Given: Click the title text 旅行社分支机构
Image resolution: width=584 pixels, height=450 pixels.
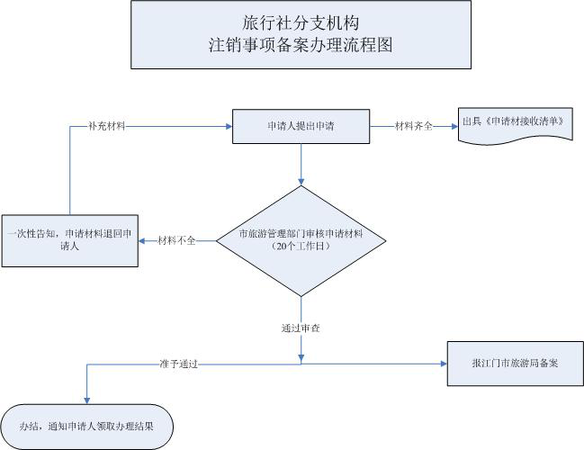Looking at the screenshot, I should pyautogui.click(x=301, y=20).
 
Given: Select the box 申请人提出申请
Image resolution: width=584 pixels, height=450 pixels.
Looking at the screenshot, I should pyautogui.click(x=301, y=126).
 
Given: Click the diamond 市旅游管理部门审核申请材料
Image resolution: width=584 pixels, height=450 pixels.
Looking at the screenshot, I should pyautogui.click(x=301, y=240).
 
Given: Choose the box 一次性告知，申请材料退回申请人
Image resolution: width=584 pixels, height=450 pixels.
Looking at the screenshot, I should pyautogui.click(x=68, y=240).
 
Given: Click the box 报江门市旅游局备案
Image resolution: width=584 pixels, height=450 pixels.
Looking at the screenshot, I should pyautogui.click(x=515, y=364).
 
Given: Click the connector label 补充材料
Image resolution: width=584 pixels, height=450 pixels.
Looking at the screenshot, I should pyautogui.click(x=106, y=126).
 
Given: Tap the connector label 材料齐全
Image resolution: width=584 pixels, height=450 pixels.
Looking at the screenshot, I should pyautogui.click(x=414, y=126).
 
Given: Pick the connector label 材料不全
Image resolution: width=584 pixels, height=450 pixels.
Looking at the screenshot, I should pyautogui.click(x=175, y=240).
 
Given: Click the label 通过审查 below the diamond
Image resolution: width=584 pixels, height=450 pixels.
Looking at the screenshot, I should pyautogui.click(x=301, y=328).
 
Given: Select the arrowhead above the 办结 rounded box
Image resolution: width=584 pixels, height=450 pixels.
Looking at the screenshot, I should pyautogui.click(x=85, y=399).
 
